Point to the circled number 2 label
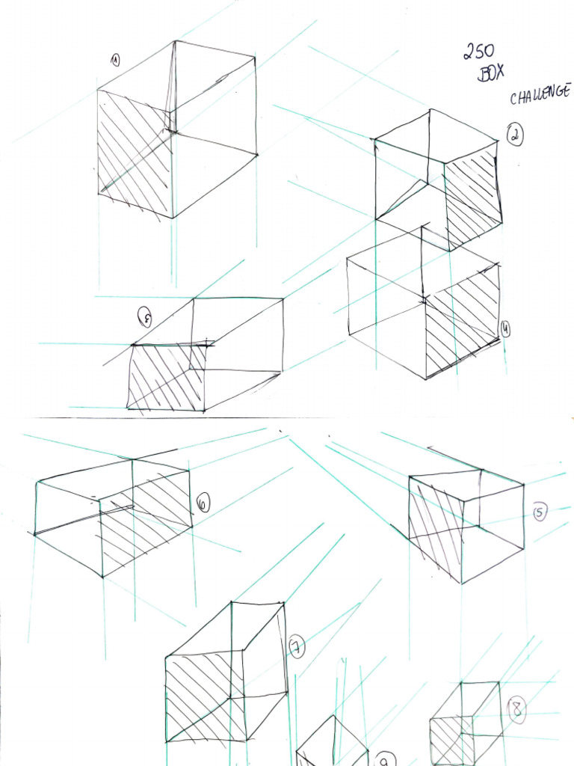tap(515, 135)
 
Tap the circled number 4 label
tap(505, 328)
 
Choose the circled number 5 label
tap(540, 512)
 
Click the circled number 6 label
tap(203, 503)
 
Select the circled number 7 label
tap(296, 646)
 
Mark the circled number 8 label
tap(516, 709)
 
